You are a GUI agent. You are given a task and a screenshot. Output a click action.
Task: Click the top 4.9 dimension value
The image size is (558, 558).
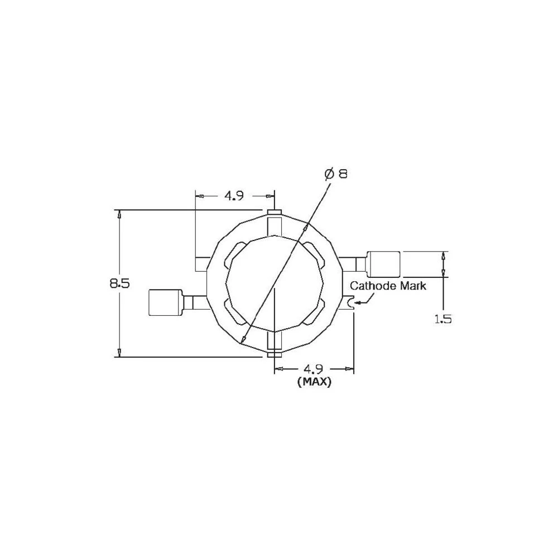click(x=234, y=196)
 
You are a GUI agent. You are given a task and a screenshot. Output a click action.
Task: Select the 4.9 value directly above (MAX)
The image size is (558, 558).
click(x=312, y=369)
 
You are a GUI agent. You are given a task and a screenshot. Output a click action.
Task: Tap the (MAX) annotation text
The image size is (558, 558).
click(x=315, y=382)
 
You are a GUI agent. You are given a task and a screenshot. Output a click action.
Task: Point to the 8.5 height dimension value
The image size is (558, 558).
click(x=119, y=283)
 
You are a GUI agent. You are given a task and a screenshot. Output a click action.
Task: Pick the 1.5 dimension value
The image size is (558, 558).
click(x=443, y=319)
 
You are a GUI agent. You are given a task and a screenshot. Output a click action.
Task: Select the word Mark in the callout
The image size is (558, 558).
click(x=414, y=286)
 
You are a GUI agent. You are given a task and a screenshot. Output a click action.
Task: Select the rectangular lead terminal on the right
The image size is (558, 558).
click(x=383, y=264)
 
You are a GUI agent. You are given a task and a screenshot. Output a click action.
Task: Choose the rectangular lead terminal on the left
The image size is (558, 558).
click(x=166, y=302)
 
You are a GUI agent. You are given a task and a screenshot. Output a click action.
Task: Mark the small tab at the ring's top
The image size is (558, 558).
click(x=275, y=212)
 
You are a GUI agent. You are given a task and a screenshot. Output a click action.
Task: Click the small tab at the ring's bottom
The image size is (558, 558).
click(x=275, y=354)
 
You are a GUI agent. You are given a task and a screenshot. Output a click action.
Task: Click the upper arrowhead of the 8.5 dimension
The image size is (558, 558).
click(x=118, y=214)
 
